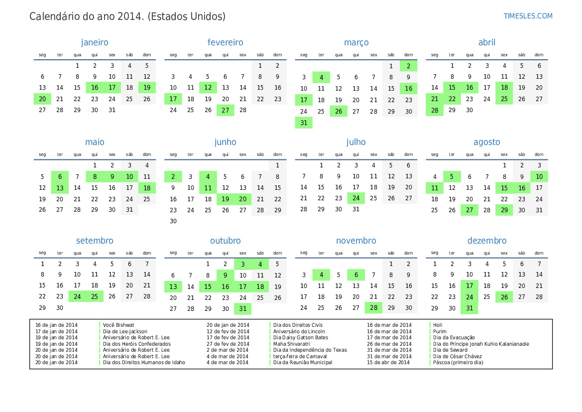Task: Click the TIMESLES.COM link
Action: point(528,16)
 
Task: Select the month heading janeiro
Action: point(95,43)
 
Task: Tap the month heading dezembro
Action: point(486,241)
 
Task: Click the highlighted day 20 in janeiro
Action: point(42,99)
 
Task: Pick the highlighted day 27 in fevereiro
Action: point(226,111)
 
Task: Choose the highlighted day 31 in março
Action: point(304,123)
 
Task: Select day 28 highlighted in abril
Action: point(435,111)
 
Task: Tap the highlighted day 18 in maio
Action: point(147,188)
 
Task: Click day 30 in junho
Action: point(173,221)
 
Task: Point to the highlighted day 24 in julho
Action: point(356,198)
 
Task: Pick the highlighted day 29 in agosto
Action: point(504,210)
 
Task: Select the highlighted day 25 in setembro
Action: point(95,296)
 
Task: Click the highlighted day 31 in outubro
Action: point(243,309)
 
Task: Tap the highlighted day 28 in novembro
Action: point(373,308)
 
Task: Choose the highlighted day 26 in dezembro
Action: point(504,297)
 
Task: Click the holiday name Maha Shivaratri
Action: point(291,344)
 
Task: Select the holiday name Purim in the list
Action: point(440,331)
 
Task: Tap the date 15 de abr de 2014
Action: point(388,362)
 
